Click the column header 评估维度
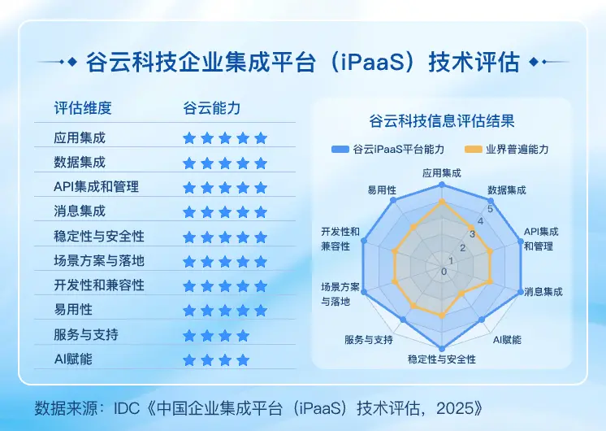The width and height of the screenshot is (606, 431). tap(82, 107)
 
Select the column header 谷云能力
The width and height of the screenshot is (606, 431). tap(211, 107)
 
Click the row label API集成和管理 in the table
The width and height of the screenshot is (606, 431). tap(96, 187)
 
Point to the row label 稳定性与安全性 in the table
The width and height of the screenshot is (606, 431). tap(99, 237)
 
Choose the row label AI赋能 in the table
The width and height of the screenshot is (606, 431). tap(73, 359)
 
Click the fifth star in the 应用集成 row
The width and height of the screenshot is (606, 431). tap(261, 138)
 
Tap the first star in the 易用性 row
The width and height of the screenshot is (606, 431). tap(189, 311)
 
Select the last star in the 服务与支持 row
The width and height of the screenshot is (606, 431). tap(243, 335)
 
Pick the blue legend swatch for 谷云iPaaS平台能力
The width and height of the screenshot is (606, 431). tap(339, 150)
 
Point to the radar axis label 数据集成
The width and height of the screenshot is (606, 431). tap(507, 190)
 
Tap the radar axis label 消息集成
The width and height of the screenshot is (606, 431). tap(543, 291)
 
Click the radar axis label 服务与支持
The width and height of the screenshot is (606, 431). tap(369, 339)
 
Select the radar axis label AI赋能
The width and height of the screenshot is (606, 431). tap(508, 339)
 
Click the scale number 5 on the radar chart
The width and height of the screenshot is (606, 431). tap(489, 208)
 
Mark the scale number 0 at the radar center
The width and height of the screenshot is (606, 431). tap(444, 271)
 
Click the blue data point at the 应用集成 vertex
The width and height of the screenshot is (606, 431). tap(442, 185)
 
